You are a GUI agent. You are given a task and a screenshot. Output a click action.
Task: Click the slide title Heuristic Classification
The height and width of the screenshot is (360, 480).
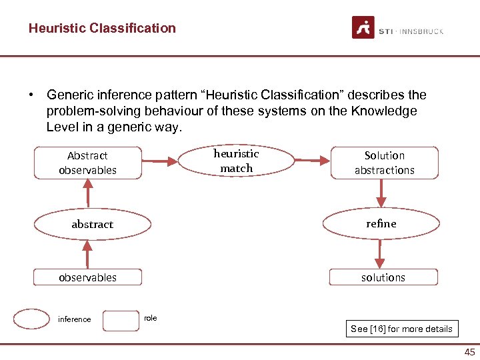click(x=102, y=28)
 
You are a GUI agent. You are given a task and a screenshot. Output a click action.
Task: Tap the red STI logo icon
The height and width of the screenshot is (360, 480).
click(x=363, y=28)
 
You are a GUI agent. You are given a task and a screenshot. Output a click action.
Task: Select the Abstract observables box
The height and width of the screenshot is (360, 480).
click(x=88, y=163)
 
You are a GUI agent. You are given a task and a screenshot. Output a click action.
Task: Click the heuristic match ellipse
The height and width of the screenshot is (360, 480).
click(x=236, y=161)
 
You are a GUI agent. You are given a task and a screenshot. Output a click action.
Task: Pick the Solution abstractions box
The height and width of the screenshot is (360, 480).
click(x=384, y=163)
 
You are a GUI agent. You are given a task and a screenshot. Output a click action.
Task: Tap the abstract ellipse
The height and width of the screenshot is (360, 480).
click(x=92, y=225)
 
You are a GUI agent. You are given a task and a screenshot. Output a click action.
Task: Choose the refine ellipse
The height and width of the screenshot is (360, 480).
click(x=381, y=224)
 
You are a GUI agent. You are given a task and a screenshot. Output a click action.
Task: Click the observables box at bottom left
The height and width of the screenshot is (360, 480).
click(x=88, y=277)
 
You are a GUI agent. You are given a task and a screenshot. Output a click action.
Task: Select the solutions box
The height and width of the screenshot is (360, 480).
click(x=383, y=277)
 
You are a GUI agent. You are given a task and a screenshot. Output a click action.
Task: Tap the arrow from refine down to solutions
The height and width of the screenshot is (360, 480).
click(x=380, y=254)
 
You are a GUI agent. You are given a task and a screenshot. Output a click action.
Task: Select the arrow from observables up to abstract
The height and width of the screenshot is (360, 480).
click(x=87, y=254)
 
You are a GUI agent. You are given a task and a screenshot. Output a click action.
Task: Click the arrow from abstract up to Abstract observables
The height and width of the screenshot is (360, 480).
click(x=88, y=195)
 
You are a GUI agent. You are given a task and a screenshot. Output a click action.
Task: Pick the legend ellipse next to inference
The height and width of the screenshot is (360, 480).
click(x=32, y=319)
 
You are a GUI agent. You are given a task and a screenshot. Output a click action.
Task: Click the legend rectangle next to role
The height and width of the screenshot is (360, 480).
click(x=121, y=320)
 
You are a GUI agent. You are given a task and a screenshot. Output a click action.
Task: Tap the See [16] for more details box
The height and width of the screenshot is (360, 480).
click(x=401, y=329)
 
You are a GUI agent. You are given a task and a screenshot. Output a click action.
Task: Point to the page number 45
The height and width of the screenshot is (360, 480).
click(x=469, y=352)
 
